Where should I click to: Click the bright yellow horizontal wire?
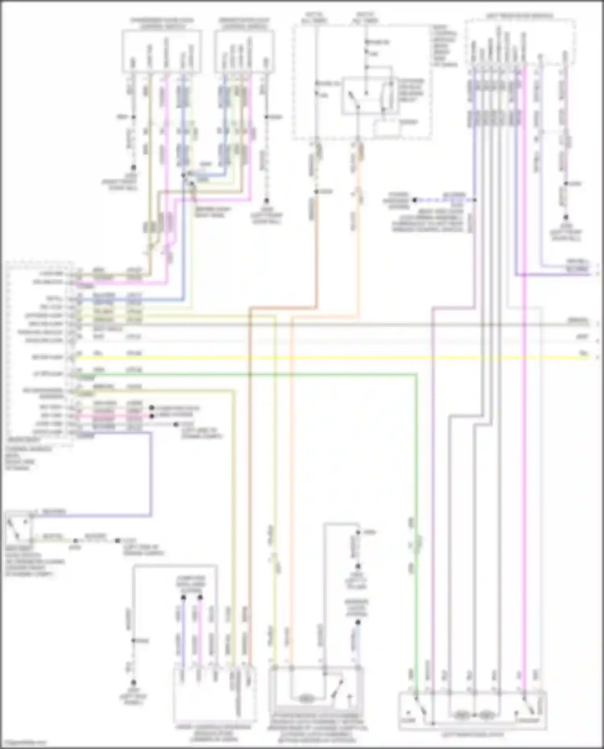[x=322, y=357]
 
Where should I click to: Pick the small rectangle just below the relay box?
[x=387, y=128]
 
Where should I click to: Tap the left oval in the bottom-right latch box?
[x=462, y=715]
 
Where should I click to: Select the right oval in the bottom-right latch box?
[x=487, y=715]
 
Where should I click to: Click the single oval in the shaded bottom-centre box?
[x=306, y=699]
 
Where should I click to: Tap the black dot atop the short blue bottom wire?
[x=183, y=598]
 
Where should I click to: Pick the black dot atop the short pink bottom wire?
[x=200, y=598]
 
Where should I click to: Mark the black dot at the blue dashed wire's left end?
[x=415, y=200]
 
